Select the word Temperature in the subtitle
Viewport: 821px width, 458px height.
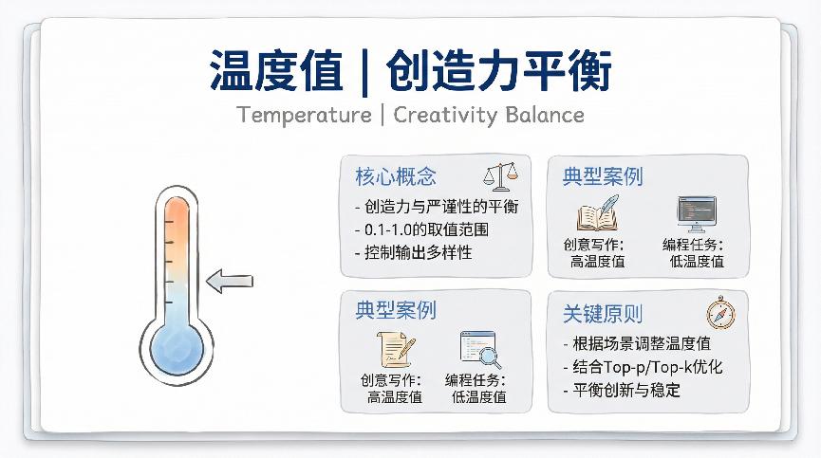303,115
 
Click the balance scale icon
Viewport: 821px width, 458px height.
502,175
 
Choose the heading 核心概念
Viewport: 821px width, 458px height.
396,176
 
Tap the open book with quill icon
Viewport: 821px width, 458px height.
599,214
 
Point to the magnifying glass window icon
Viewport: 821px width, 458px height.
479,349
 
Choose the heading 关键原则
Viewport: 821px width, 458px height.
603,314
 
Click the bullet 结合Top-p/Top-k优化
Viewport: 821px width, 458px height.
643,367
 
